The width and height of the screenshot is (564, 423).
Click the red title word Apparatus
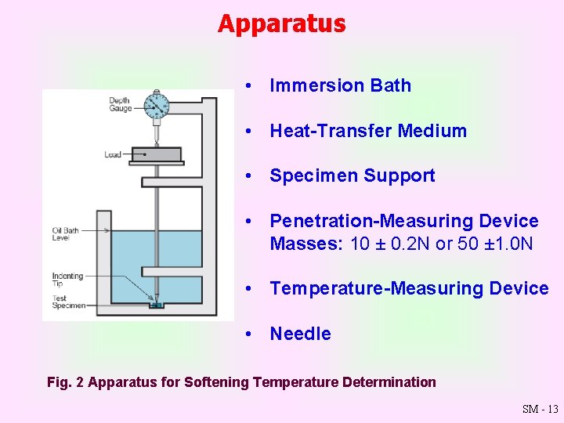pos(281,23)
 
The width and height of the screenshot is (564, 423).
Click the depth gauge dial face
pos(157,105)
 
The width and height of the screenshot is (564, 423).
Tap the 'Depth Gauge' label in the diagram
pos(120,104)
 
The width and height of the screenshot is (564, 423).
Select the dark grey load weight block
pos(156,154)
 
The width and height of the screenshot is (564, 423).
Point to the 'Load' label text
pos(113,154)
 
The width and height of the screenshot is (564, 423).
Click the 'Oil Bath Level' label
pos(64,233)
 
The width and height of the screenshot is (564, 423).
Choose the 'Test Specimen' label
pos(66,301)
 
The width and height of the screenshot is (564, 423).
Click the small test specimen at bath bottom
pos(157,305)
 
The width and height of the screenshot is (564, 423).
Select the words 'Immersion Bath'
pos(340,85)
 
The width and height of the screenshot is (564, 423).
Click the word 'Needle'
pos(300,334)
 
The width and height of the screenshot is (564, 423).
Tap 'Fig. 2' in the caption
pos(65,382)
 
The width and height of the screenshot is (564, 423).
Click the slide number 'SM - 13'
pos(540,409)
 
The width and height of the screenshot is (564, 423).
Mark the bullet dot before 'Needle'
pos(248,334)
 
